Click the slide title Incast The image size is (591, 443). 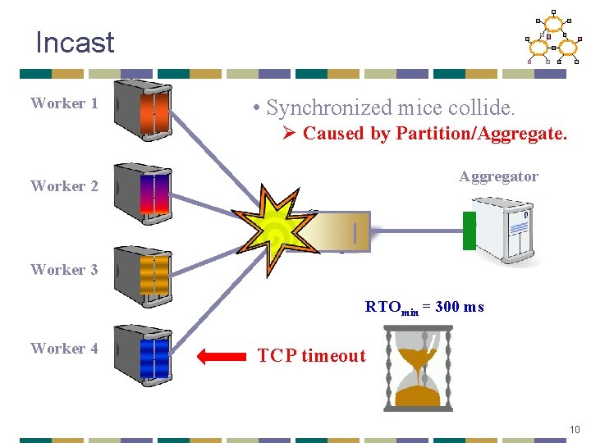[75, 43]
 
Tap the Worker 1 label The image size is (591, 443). [64, 103]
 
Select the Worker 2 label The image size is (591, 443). [64, 186]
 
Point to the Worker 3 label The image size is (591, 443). [64, 270]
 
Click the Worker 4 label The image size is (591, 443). [64, 349]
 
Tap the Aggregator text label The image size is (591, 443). [498, 176]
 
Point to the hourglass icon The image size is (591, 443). [418, 367]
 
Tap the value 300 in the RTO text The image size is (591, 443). [447, 308]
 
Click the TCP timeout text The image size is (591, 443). [311, 356]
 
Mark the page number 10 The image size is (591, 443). [575, 429]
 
